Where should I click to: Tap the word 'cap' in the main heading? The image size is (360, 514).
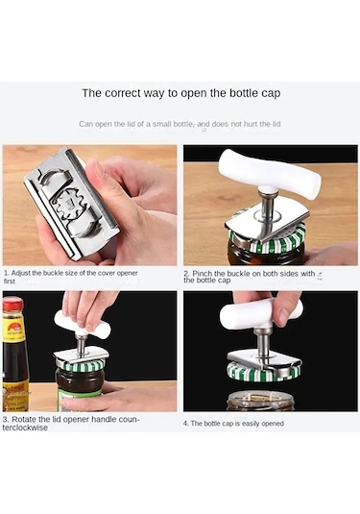click(271, 94)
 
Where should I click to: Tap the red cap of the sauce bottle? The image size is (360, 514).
click(12, 304)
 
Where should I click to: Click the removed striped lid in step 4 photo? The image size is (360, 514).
click(259, 372)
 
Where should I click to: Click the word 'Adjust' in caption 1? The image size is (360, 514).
click(20, 273)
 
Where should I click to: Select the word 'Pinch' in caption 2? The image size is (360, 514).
click(203, 274)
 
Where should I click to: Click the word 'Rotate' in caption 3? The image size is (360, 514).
click(24, 419)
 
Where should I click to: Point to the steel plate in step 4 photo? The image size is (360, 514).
click(264, 359)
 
